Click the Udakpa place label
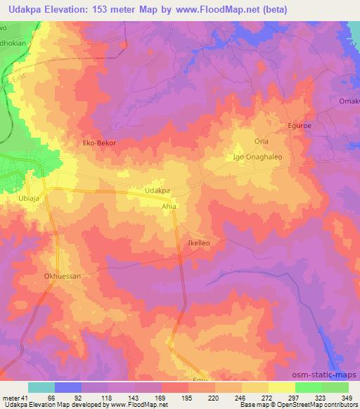(x=157, y=190)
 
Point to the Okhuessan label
(x=63, y=276)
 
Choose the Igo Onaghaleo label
(x=257, y=157)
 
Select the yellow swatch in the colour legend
(x=281, y=387)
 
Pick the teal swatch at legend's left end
(x=41, y=387)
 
